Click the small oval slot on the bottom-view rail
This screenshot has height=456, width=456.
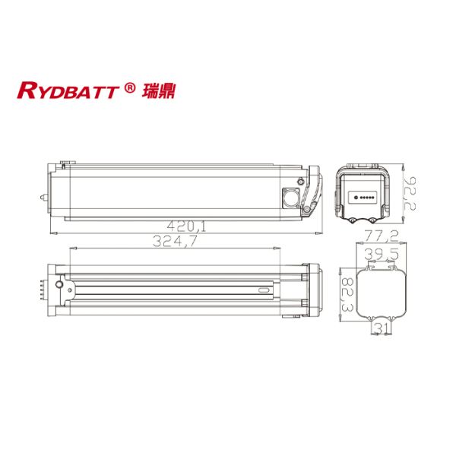(x=264, y=290)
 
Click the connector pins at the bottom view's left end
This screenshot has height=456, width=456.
(x=40, y=291)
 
